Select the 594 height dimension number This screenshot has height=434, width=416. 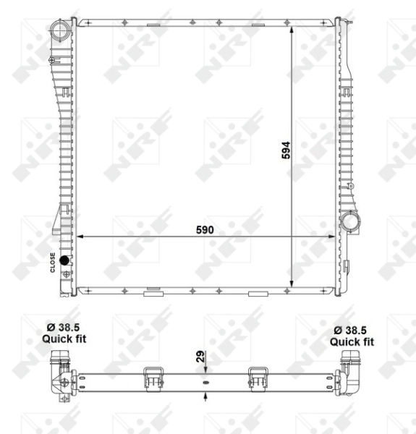pos(286,150)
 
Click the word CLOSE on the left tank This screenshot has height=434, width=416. pos(53,261)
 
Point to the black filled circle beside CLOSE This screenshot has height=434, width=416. pos(64,260)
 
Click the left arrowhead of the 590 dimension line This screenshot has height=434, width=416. pos(80,236)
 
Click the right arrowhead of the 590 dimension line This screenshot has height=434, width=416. pos(334,236)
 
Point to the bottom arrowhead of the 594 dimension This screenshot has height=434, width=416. pos(293,283)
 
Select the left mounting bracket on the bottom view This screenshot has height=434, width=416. pos(153,378)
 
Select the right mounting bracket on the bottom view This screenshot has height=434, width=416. pos(258,378)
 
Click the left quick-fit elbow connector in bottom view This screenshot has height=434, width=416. pos(61,370)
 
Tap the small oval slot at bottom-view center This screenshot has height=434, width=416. pos(206,382)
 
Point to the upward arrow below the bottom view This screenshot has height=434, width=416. pos(206,395)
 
